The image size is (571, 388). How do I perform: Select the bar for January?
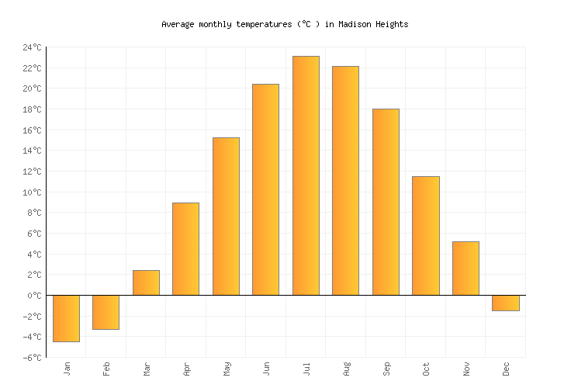click(66, 318)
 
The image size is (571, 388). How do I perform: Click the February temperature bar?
click(106, 312)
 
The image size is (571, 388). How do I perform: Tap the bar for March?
click(146, 282)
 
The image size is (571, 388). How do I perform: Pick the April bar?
click(185, 248)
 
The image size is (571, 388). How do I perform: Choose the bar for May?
click(226, 216)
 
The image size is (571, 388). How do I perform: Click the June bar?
click(265, 189)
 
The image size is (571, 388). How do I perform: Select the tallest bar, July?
click(306, 175)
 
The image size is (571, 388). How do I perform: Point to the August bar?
click(345, 180)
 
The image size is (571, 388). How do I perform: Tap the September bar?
click(386, 202)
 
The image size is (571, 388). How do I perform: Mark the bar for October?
click(425, 235)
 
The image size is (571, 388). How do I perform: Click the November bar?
click(465, 268)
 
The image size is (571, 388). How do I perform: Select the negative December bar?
click(505, 303)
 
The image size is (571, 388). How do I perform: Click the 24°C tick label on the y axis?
click(32, 47)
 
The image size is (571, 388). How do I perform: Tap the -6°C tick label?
click(32, 358)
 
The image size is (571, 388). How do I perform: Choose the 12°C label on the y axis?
click(32, 171)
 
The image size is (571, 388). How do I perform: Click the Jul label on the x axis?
click(306, 368)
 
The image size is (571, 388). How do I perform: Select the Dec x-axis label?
click(506, 368)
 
